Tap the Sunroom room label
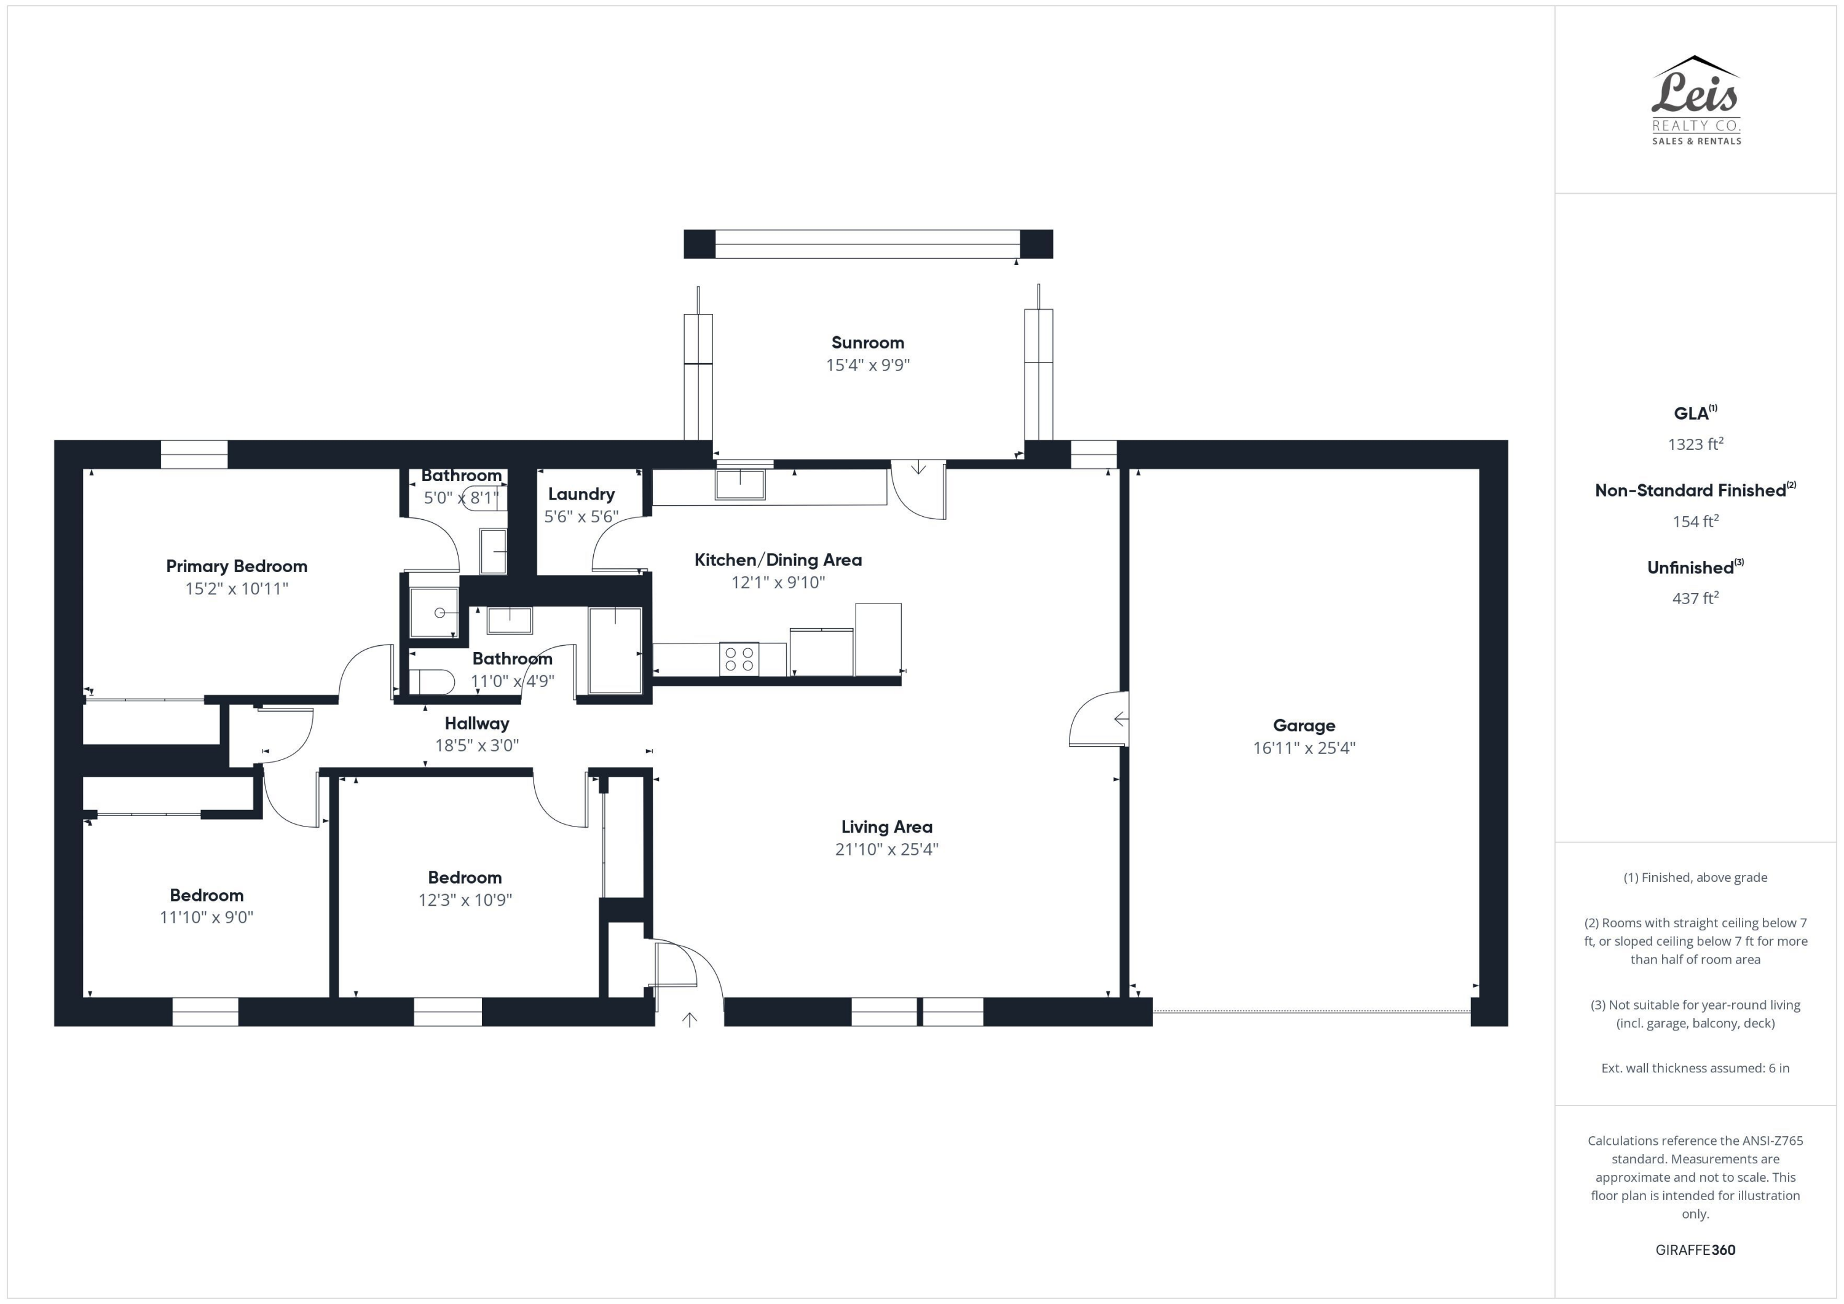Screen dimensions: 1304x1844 [867, 343]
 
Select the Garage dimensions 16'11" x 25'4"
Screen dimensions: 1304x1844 [1304, 747]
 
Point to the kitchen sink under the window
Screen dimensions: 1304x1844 [739, 484]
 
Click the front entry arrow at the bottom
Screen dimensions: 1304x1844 [689, 1019]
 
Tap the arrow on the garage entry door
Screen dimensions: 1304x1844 [1121, 718]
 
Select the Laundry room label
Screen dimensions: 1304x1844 [581, 494]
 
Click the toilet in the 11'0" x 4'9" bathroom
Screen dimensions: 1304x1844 [432, 681]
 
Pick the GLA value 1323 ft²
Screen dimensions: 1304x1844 [1695, 444]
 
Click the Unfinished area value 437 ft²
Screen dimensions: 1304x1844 [1695, 598]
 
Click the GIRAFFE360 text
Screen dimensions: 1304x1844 [1695, 1249]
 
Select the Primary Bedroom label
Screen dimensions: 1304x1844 [236, 566]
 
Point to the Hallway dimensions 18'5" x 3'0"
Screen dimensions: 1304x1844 [476, 745]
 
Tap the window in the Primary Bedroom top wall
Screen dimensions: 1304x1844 [194, 455]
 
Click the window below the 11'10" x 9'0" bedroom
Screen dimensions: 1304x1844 [205, 1011]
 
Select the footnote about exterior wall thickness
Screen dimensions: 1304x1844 [1695, 1068]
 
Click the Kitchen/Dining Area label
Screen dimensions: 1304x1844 [778, 560]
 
